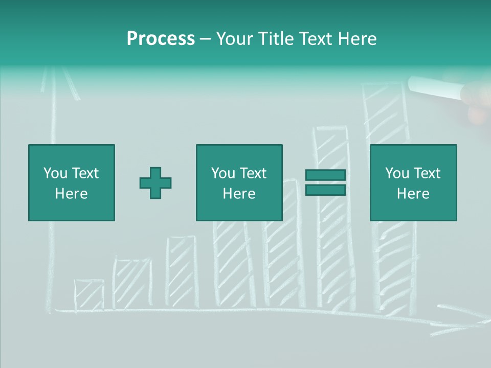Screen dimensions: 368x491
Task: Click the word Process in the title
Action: (161, 39)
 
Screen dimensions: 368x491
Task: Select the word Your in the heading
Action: (233, 39)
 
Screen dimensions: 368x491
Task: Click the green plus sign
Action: (155, 182)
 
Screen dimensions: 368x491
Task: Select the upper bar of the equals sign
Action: (325, 175)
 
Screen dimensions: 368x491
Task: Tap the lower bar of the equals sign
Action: (325, 190)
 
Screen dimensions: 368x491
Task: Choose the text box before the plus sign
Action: (72, 182)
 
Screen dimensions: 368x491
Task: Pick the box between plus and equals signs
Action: (239, 182)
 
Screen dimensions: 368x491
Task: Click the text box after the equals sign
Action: (413, 182)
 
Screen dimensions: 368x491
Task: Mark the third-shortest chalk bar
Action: (181, 271)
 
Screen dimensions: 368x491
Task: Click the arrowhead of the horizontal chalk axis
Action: (476, 321)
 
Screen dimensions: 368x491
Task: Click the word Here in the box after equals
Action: (413, 194)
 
